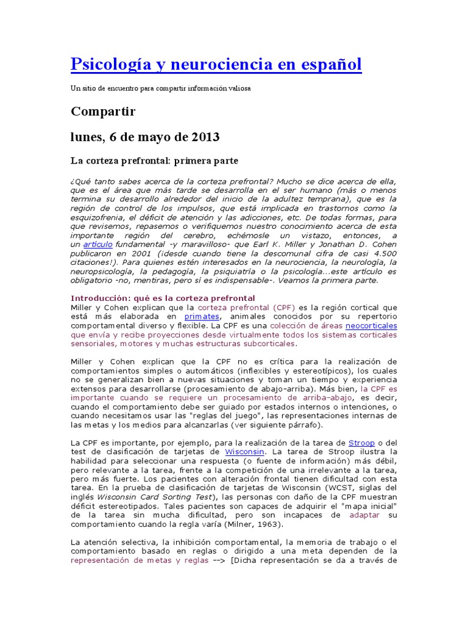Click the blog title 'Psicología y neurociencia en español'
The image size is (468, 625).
(216, 63)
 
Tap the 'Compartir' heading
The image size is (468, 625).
(103, 111)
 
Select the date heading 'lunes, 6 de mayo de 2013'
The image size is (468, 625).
(145, 136)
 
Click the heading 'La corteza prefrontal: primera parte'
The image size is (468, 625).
(154, 161)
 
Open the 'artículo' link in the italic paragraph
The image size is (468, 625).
(98, 244)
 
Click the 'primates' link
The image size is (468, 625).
(201, 317)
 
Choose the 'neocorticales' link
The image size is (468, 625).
(371, 326)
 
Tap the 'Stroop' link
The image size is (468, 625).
(361, 442)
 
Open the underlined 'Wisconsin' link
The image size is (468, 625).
(245, 451)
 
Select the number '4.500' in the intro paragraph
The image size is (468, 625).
(383, 253)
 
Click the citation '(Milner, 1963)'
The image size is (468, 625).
(247, 524)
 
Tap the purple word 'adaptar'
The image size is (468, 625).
(364, 515)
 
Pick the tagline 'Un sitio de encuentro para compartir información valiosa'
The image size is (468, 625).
(160, 88)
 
